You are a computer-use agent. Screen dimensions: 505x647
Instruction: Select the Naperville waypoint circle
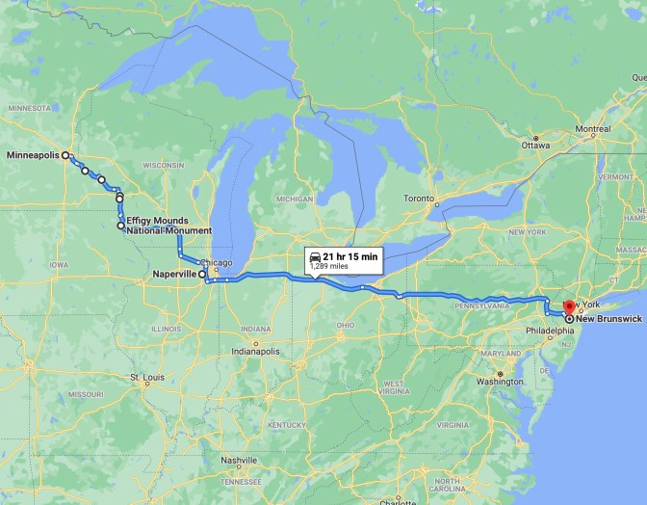pyautogui.click(x=202, y=274)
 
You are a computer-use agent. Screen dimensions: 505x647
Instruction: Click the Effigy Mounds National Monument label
pyautogui.click(x=168, y=226)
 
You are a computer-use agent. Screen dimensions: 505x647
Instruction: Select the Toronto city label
pyautogui.click(x=418, y=199)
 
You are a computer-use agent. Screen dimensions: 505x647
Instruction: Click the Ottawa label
pyautogui.click(x=536, y=146)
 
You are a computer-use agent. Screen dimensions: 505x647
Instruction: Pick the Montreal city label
pyautogui.click(x=592, y=129)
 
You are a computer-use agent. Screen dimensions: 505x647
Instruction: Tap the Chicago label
pyautogui.click(x=217, y=262)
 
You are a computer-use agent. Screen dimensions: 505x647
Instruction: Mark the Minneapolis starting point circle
pyautogui.click(x=65, y=154)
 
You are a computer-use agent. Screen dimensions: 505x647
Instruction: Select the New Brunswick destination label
pyautogui.click(x=608, y=318)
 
